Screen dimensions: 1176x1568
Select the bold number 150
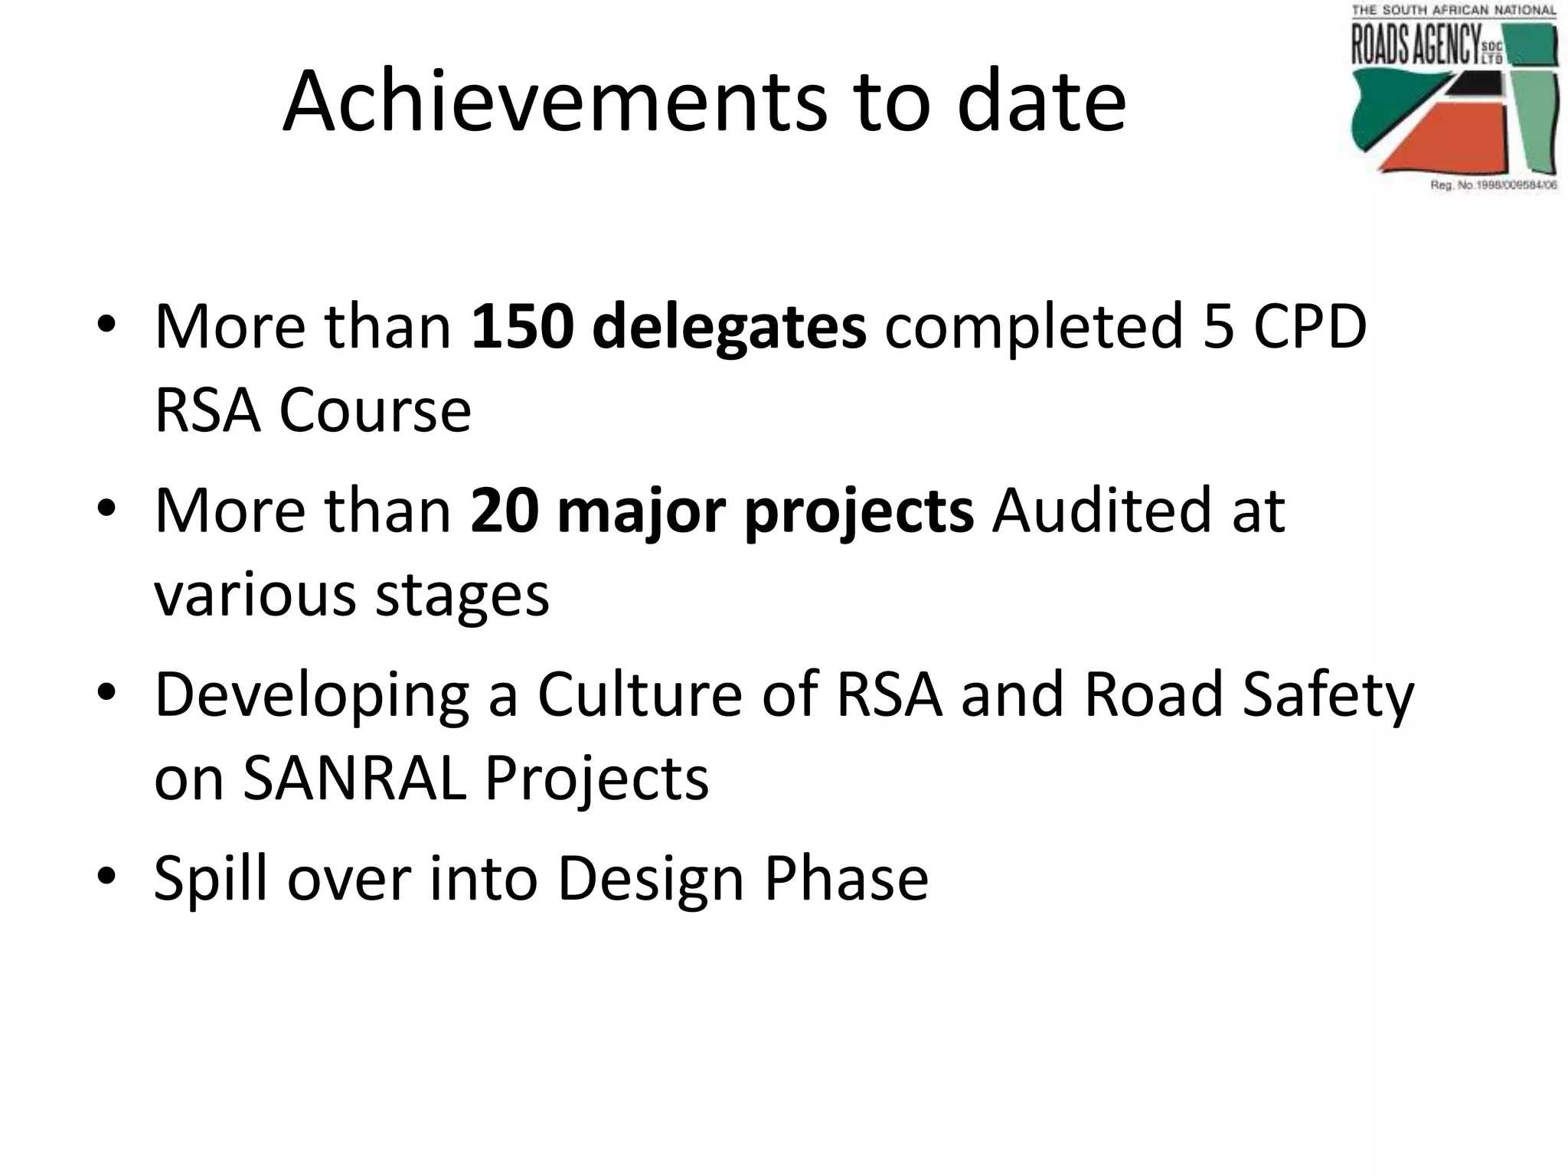(x=521, y=327)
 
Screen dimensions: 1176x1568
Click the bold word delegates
(x=729, y=327)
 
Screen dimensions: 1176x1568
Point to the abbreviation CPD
(x=1310, y=327)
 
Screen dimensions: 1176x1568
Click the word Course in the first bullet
(x=374, y=410)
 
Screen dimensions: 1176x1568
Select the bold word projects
(x=859, y=511)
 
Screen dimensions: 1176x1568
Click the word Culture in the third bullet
(x=640, y=694)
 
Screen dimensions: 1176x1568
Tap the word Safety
(x=1328, y=694)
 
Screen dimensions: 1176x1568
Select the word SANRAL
(x=354, y=779)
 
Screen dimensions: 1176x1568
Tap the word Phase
(x=846, y=878)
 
